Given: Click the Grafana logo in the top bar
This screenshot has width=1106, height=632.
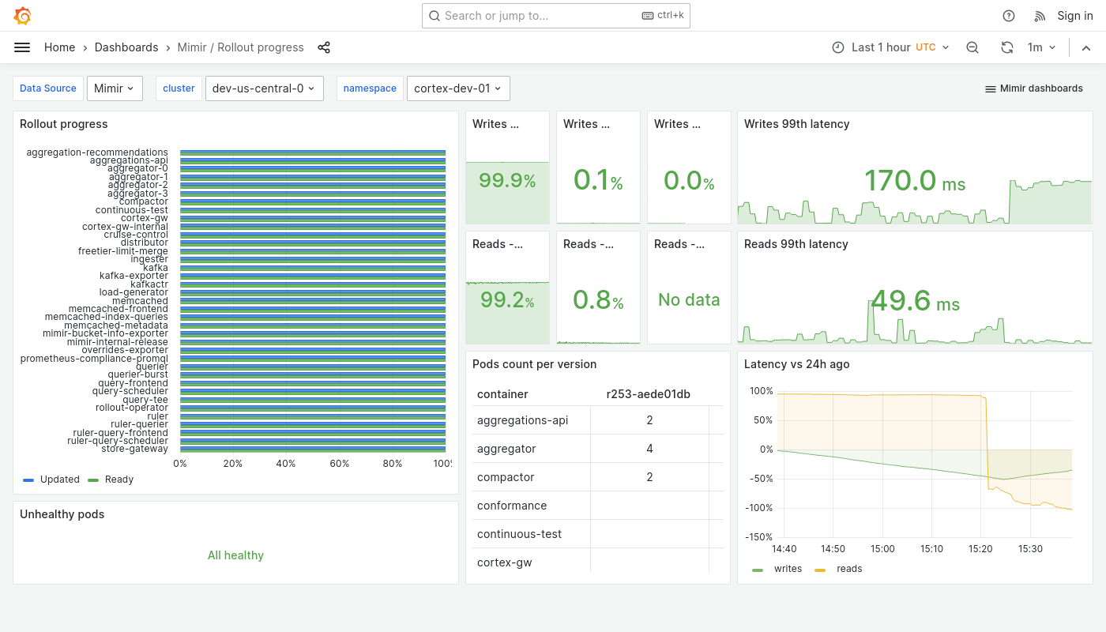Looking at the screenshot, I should click(23, 16).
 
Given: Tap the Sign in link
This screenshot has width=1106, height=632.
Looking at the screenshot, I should click(1074, 16).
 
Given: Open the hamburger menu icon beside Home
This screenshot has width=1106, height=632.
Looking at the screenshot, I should click(22, 47).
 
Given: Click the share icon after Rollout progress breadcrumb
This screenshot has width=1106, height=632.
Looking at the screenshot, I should click(324, 47).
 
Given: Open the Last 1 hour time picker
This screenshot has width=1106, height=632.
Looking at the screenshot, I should click(890, 47).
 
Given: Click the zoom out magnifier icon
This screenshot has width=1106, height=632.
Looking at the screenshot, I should click(972, 47).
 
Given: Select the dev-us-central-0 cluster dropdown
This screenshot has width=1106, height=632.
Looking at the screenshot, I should click(263, 88).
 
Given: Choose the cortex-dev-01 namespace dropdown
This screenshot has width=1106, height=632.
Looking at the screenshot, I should click(457, 88).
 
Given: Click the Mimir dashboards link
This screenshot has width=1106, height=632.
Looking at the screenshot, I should click(1033, 88).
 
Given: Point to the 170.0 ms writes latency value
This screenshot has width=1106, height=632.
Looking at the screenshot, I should click(914, 181).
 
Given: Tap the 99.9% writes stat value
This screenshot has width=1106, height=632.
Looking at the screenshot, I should click(507, 181).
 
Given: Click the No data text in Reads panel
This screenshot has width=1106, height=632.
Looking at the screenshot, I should click(689, 300).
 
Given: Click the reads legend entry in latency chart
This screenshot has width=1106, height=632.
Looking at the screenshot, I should click(848, 569).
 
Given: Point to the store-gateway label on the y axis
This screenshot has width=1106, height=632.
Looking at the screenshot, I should click(134, 449).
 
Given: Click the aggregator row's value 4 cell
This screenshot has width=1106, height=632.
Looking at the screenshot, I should click(649, 449).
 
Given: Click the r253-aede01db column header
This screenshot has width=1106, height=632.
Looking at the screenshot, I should click(649, 394).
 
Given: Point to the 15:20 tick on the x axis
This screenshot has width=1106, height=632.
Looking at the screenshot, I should click(980, 549).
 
